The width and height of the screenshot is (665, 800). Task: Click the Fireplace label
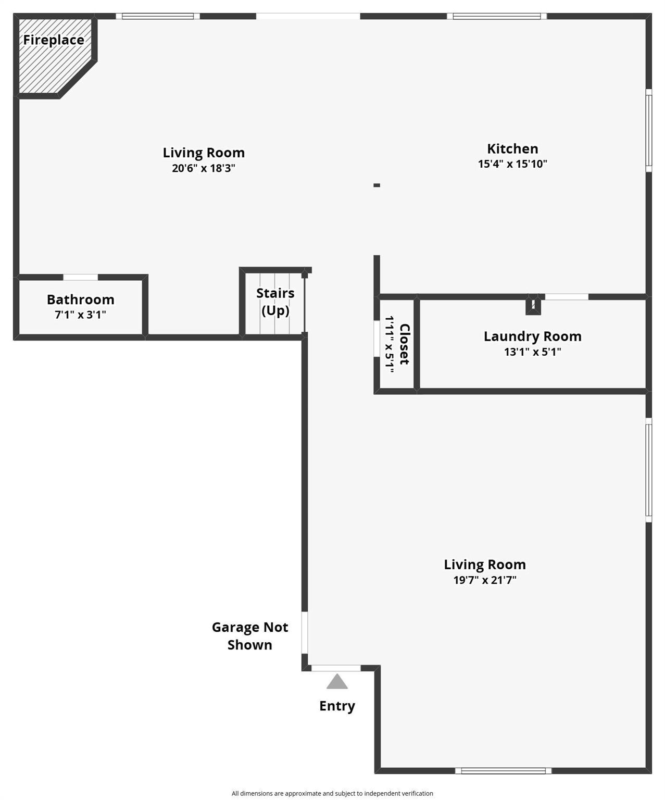54,40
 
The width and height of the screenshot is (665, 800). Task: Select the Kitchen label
512,149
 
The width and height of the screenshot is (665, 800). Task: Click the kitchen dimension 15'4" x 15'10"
512,164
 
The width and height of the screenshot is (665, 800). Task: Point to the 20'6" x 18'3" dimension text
204,168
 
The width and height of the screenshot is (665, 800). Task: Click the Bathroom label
81,299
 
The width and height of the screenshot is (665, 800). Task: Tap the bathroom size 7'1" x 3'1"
81,315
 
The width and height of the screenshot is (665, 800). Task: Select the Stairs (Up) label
275,302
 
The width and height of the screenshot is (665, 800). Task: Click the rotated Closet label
405,344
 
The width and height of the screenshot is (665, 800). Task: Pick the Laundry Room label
532,336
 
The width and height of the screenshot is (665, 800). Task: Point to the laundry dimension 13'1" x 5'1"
532,352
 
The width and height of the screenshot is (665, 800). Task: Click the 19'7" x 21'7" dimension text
485,580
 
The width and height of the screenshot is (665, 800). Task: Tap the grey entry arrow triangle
337,682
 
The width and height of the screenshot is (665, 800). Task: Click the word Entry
337,706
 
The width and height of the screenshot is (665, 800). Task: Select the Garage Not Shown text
250,636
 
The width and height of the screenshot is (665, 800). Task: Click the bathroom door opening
81,277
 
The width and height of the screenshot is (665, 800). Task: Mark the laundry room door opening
567,297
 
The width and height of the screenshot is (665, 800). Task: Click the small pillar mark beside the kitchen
377,185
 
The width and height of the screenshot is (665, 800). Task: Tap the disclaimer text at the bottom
332,793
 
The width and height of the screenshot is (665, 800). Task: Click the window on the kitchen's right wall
648,130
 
